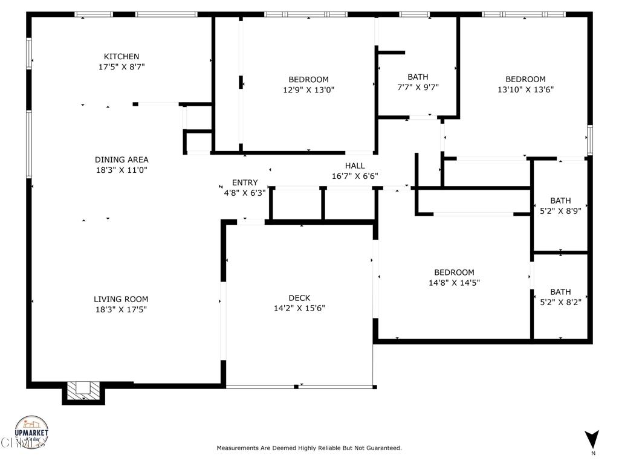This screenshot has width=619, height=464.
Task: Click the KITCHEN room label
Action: pos(121,57)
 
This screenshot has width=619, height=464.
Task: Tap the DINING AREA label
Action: pos(121,160)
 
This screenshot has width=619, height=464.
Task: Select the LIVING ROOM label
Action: pos(121,299)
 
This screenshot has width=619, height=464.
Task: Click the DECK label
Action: pos(299,298)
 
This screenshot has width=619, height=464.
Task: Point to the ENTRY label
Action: pos(245,183)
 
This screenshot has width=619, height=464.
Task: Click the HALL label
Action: pos(355,166)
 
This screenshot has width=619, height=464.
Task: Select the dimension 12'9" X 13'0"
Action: pos(308,90)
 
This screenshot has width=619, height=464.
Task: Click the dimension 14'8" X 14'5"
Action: pos(454,282)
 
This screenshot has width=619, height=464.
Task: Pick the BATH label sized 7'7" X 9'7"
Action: pos(418,77)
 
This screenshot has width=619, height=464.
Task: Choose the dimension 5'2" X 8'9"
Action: pos(560,211)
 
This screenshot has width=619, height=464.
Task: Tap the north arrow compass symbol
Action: pos(592,439)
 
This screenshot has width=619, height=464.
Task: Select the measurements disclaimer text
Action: pos(309,448)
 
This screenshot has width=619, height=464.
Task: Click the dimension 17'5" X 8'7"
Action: pos(121,67)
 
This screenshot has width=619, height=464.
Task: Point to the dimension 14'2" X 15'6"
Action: pos(299,308)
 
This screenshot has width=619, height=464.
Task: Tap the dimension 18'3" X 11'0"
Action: pos(121,170)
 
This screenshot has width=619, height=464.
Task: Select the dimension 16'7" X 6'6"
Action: pos(355,176)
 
